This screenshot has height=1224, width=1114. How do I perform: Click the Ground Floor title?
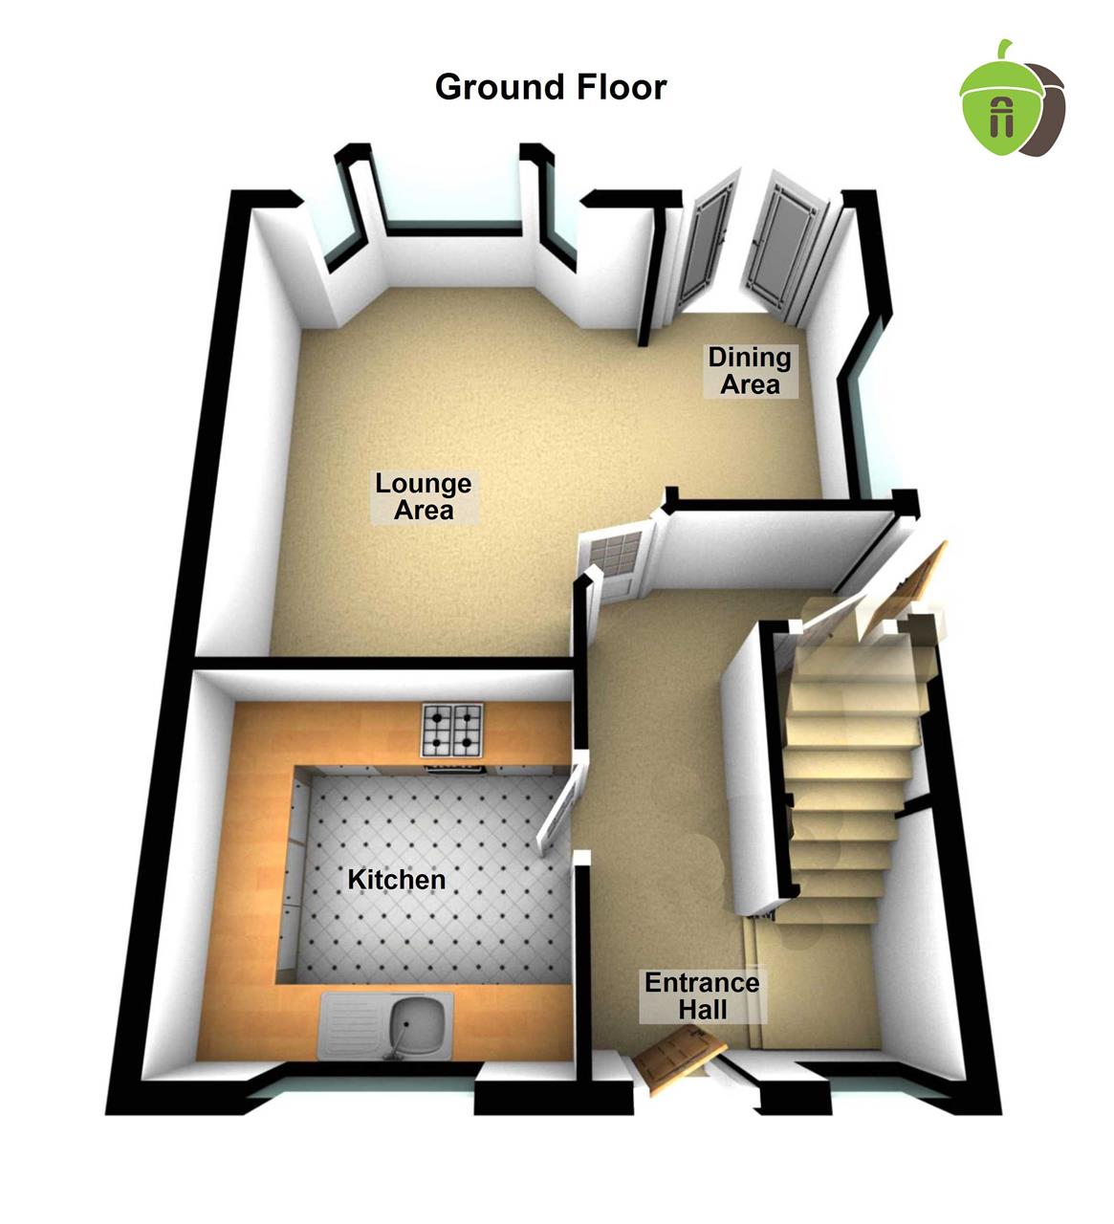click(551, 87)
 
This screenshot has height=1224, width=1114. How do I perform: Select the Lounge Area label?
click(423, 496)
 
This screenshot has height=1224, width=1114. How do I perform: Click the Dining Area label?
click(749, 371)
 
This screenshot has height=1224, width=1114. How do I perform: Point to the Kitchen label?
click(396, 879)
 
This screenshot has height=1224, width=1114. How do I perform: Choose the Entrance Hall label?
click(702, 995)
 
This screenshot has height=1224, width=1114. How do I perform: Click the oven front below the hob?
click(452, 765)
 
